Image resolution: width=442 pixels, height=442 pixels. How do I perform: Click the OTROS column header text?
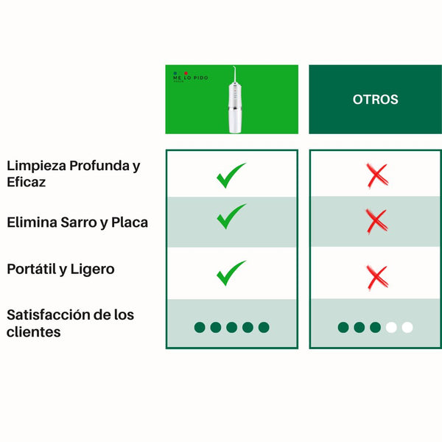click(x=376, y=99)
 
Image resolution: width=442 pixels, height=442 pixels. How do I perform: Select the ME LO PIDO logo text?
click(x=191, y=77)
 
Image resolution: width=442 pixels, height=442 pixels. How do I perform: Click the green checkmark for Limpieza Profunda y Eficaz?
click(x=231, y=175)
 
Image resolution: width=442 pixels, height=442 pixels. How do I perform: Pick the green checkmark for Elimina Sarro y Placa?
click(x=231, y=217)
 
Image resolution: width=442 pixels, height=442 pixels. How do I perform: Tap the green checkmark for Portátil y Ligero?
click(x=231, y=273)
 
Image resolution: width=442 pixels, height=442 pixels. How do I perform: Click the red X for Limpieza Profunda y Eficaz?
click(x=376, y=175)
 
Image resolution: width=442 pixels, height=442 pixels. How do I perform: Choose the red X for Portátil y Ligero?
click(x=376, y=277)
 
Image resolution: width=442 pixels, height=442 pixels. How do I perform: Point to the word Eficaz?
click(x=27, y=182)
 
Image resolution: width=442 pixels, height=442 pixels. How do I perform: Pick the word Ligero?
click(x=92, y=270)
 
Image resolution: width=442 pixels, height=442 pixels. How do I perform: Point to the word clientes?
click(x=33, y=332)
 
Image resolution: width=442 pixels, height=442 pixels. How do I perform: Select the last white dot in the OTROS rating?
click(x=407, y=327)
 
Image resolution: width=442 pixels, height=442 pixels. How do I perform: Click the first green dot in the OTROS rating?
click(x=343, y=327)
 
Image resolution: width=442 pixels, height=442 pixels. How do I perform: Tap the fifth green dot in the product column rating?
click(x=264, y=327)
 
